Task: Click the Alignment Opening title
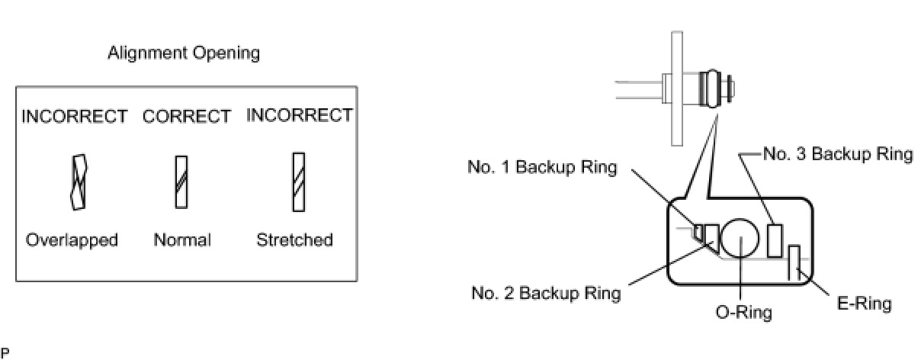pyautogui.click(x=183, y=53)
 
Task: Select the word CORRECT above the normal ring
pyautogui.click(x=187, y=117)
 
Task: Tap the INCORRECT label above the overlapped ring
pyautogui.click(x=74, y=117)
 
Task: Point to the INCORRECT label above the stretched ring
pyautogui.click(x=300, y=115)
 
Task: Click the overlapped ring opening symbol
pyautogui.click(x=78, y=182)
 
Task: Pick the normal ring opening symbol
pyautogui.click(x=181, y=182)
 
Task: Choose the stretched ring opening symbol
pyautogui.click(x=299, y=182)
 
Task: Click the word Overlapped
pyautogui.click(x=72, y=240)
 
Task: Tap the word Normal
pyautogui.click(x=182, y=240)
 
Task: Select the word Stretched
pyautogui.click(x=294, y=240)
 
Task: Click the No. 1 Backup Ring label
pyautogui.click(x=542, y=168)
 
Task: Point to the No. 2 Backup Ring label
pyautogui.click(x=546, y=293)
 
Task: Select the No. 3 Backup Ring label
pyautogui.click(x=838, y=154)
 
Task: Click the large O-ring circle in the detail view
pyautogui.click(x=741, y=239)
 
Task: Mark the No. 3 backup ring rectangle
pyautogui.click(x=775, y=240)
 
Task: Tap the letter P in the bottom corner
pyautogui.click(x=5, y=352)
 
